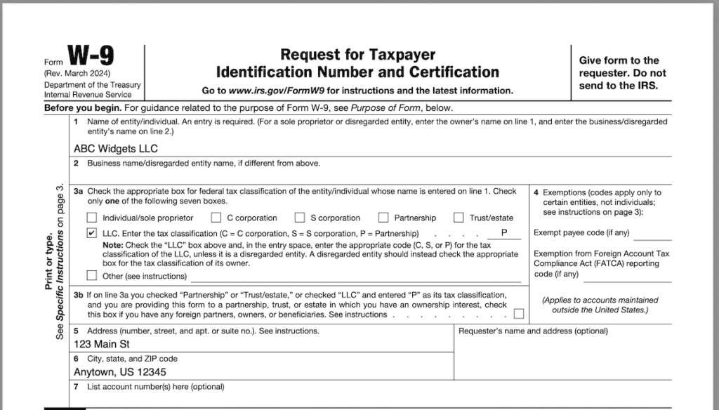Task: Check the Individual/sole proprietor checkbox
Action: pyautogui.click(x=92, y=218)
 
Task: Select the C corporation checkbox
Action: pyautogui.click(x=216, y=218)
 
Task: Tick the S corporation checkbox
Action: pyautogui.click(x=300, y=218)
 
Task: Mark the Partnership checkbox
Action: pyautogui.click(x=383, y=218)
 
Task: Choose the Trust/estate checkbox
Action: pyautogui.click(x=459, y=218)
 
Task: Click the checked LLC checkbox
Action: pyautogui.click(x=92, y=233)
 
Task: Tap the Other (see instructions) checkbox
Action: pyautogui.click(x=92, y=275)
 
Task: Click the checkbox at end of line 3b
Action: pyautogui.click(x=519, y=314)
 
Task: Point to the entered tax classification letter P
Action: pyautogui.click(x=504, y=233)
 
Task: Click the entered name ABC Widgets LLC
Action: pyautogui.click(x=115, y=149)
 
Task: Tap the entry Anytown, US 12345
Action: pyautogui.click(x=120, y=372)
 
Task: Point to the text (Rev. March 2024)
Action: pyautogui.click(x=77, y=74)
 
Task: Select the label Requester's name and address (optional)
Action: pyautogui.click(x=533, y=331)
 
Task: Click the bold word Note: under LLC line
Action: pyautogui.click(x=113, y=244)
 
